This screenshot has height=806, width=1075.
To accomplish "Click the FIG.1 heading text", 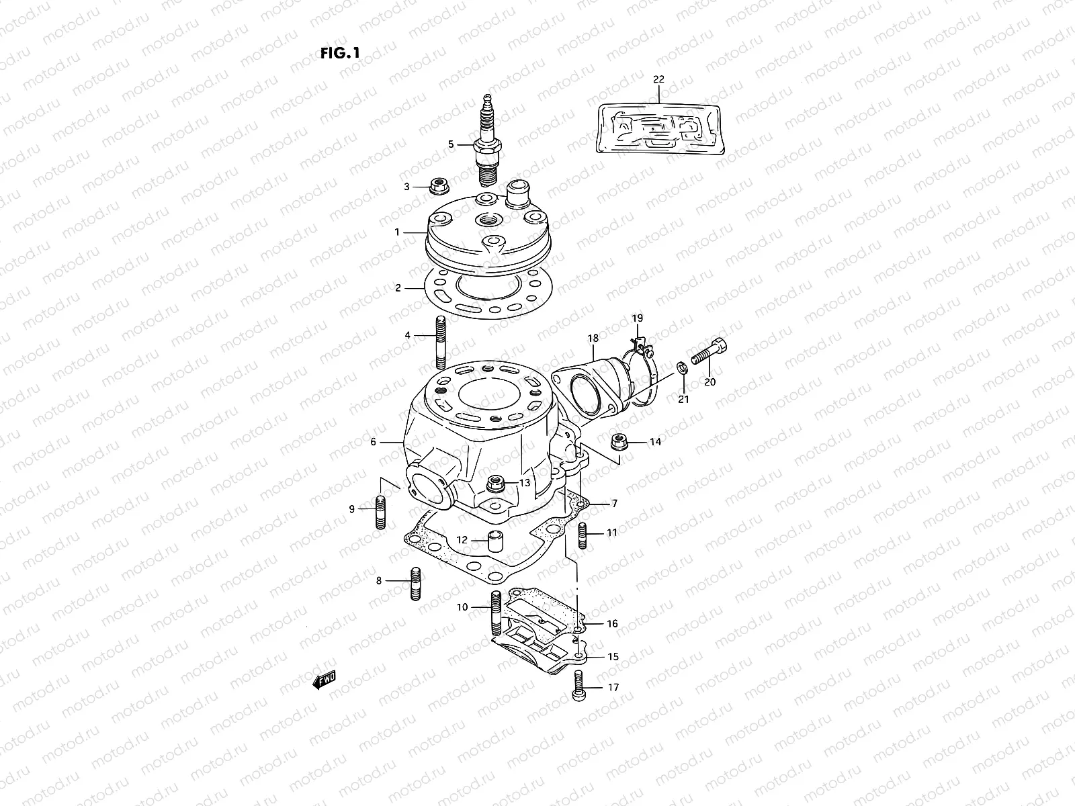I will coord(340,54).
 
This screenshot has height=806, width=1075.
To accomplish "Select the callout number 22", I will coord(658,79).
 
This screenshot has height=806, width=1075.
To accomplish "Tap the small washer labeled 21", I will coord(682,367).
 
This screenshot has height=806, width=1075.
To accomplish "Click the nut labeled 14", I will coord(619,443).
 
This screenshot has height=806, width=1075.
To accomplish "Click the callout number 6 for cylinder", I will coord(374,443).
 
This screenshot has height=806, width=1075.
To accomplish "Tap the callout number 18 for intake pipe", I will coord(593,339).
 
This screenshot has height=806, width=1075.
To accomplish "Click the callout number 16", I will coord(612,624).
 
